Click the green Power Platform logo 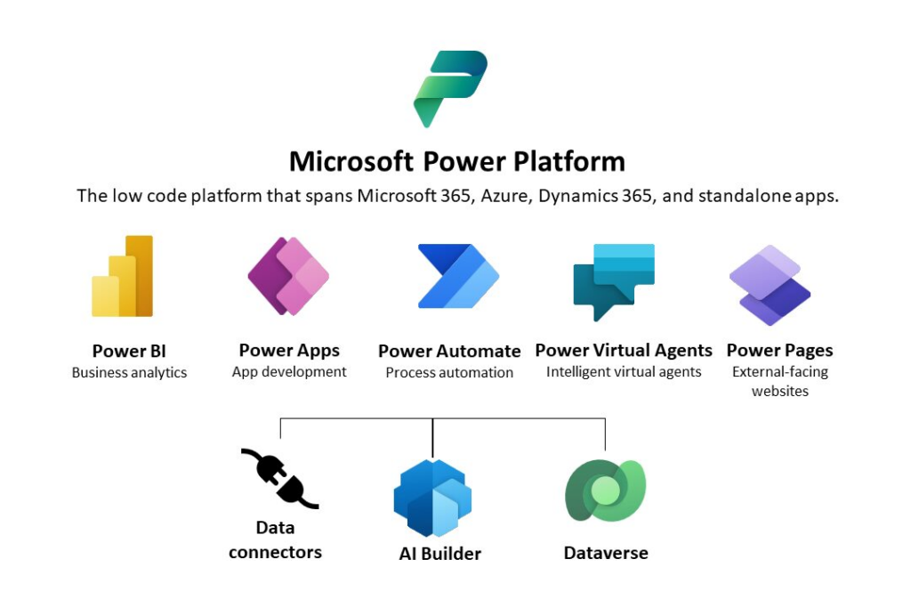[x=449, y=88]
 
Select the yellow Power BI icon [x=123, y=276]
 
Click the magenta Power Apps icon [x=288, y=276]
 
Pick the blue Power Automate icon [x=458, y=276]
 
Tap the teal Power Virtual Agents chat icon [x=614, y=282]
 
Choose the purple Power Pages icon [x=770, y=285]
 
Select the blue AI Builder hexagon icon [x=433, y=499]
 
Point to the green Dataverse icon [x=605, y=491]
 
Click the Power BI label [x=129, y=351]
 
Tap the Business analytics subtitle [x=130, y=373]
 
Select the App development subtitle [x=289, y=372]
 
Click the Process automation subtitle [x=449, y=373]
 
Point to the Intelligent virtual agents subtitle [x=624, y=372]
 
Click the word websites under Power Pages [x=780, y=391]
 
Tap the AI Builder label [x=440, y=554]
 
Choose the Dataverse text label [x=606, y=553]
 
